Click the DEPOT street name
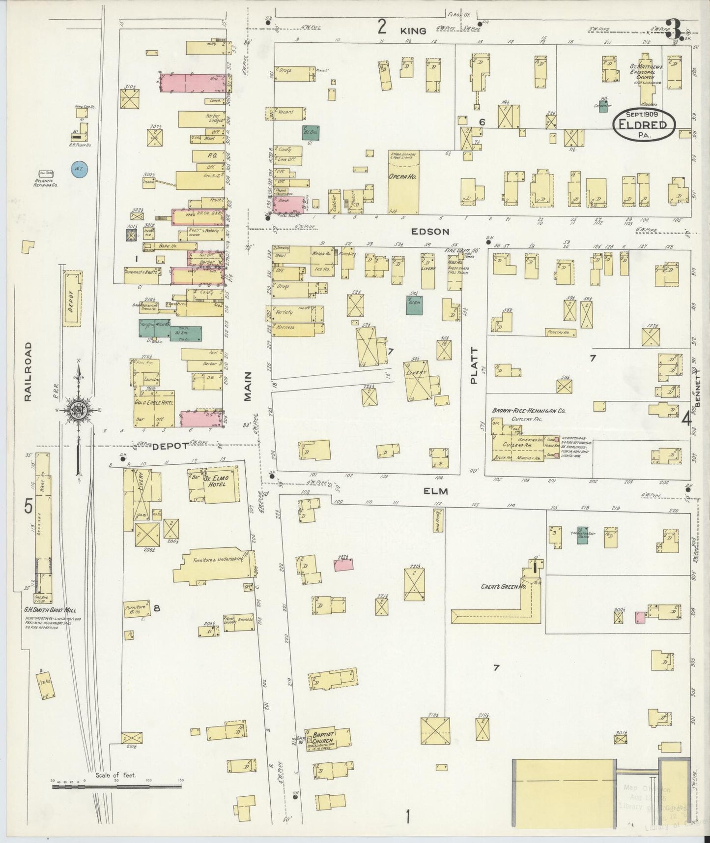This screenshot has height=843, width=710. (x=170, y=446)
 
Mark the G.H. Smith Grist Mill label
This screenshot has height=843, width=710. (x=51, y=610)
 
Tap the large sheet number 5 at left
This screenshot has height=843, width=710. (x=29, y=505)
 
